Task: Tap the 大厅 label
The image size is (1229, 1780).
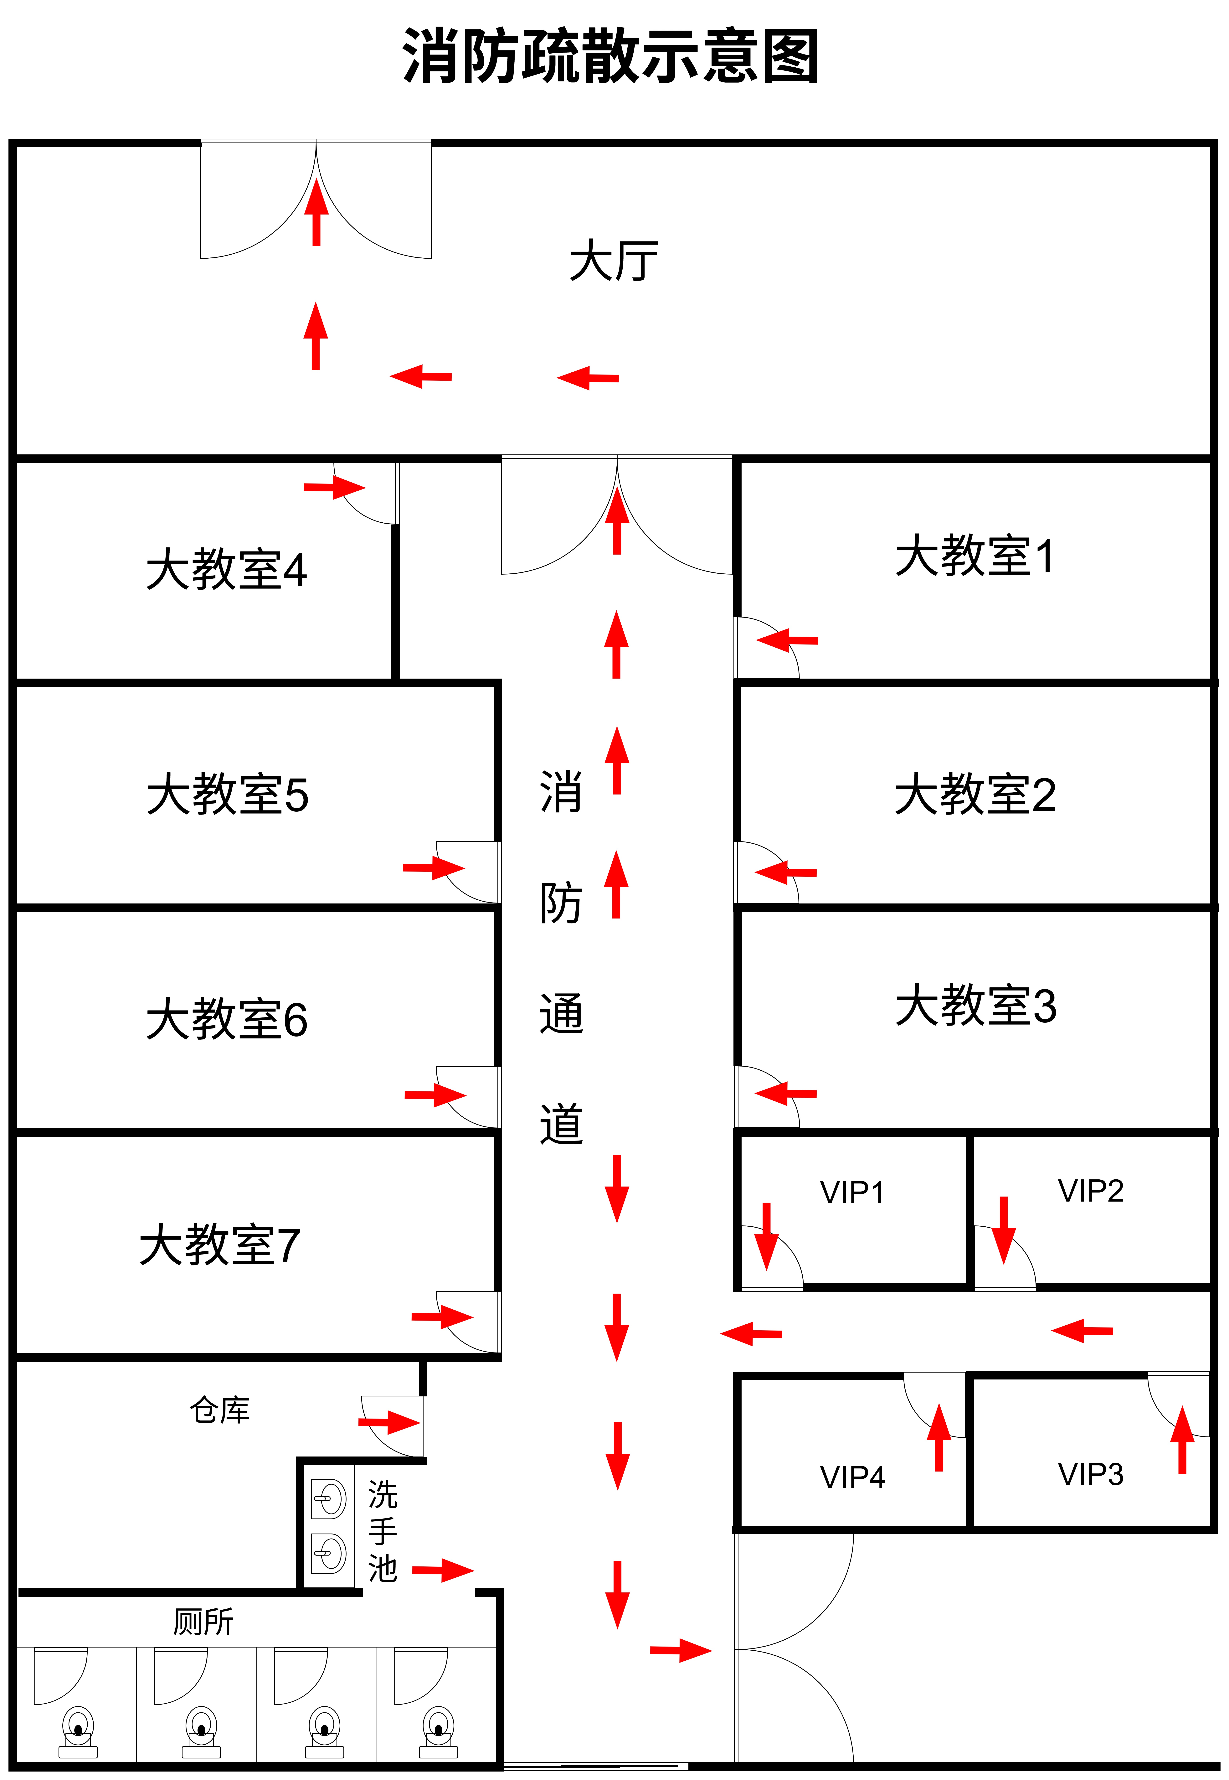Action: (614, 260)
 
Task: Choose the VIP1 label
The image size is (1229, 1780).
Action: (852, 1192)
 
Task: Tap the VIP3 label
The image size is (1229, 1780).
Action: (1090, 1474)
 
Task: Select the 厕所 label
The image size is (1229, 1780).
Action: (203, 1621)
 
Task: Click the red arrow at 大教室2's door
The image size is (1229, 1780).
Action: (785, 873)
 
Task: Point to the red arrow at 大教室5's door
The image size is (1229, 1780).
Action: (434, 868)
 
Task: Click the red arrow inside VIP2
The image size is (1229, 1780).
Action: (1003, 1230)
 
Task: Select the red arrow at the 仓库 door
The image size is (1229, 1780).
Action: (389, 1422)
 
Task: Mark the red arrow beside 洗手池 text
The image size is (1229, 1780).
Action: (443, 1570)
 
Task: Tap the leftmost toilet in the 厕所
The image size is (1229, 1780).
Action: (78, 1731)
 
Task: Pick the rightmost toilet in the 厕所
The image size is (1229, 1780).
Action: (438, 1731)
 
